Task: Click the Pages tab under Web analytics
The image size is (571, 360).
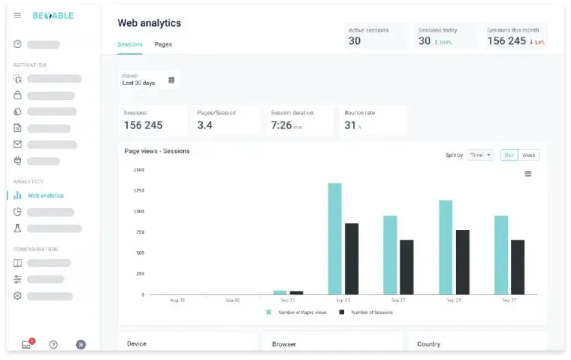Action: pyautogui.click(x=163, y=44)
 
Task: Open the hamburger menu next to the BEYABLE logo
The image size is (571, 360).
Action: pyautogui.click(x=18, y=16)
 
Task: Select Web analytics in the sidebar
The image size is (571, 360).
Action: pyautogui.click(x=45, y=195)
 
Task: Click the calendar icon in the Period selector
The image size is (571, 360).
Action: pyautogui.click(x=171, y=80)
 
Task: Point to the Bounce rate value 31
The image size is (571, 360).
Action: pyautogui.click(x=349, y=126)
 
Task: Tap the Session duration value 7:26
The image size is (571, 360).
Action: pyautogui.click(x=281, y=126)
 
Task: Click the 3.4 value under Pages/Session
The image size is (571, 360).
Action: pyautogui.click(x=204, y=126)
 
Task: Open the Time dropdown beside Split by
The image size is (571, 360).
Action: pyautogui.click(x=479, y=155)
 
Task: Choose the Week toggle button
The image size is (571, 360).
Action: pyautogui.click(x=529, y=155)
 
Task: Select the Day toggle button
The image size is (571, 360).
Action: pyautogui.click(x=509, y=155)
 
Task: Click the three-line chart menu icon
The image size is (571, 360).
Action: pyautogui.click(x=528, y=174)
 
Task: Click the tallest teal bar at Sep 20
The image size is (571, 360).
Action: pyautogui.click(x=334, y=238)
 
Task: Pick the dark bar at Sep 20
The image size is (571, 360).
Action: pyautogui.click(x=352, y=259)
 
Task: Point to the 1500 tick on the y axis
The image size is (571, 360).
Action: pyautogui.click(x=139, y=170)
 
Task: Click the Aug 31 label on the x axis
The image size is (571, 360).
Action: pyautogui.click(x=178, y=300)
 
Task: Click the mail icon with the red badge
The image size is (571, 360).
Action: pyautogui.click(x=27, y=344)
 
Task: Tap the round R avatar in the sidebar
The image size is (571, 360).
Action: pyautogui.click(x=80, y=344)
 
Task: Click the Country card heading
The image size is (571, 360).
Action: pyautogui.click(x=428, y=344)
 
